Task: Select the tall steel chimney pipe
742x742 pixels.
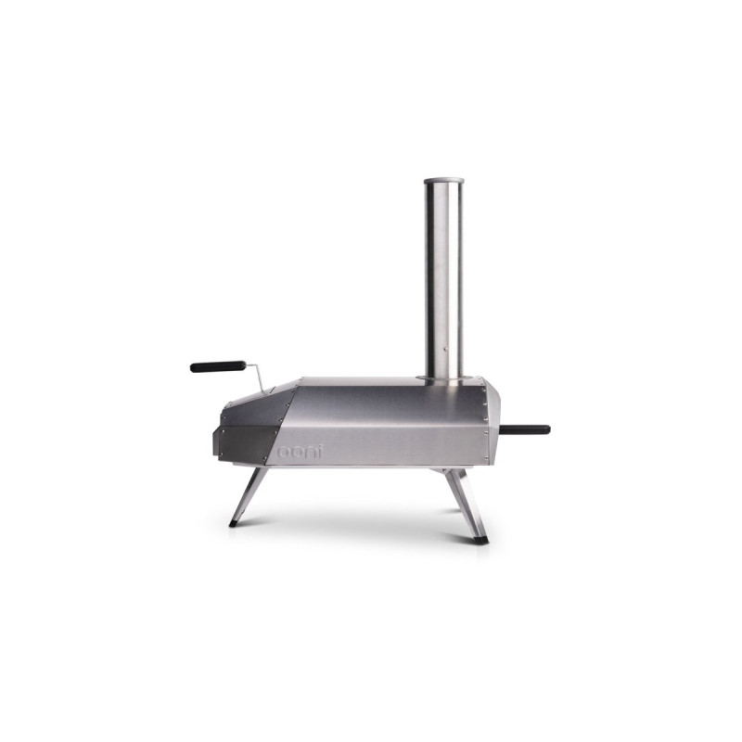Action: [443, 278]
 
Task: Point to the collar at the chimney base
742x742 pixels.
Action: [443, 378]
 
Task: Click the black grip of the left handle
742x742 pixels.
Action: [218, 366]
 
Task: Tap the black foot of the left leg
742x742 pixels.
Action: [233, 524]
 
